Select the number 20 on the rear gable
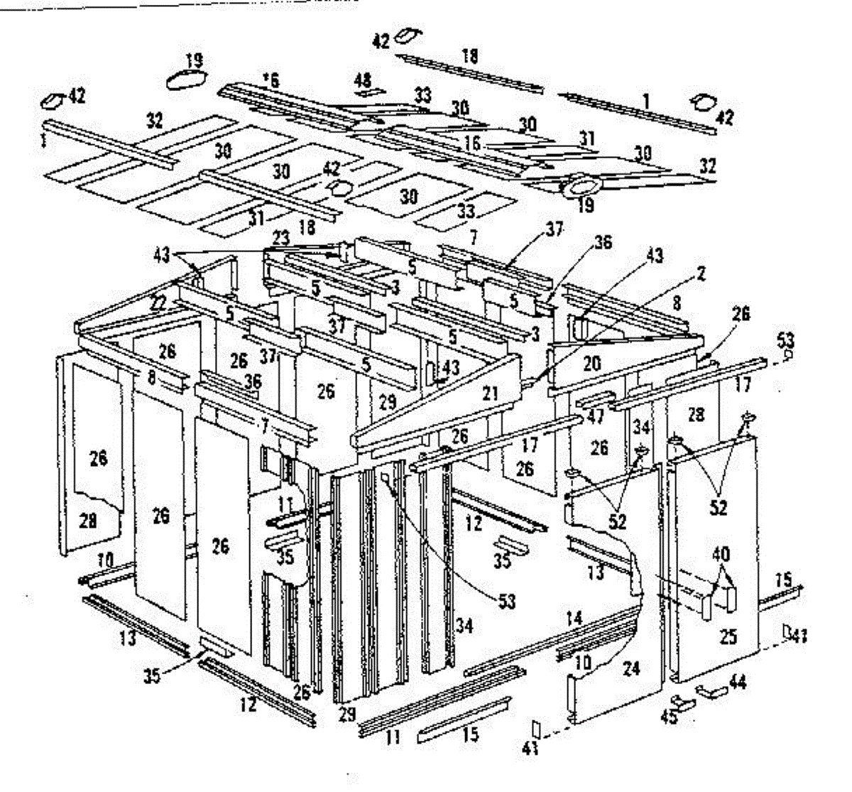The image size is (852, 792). [591, 364]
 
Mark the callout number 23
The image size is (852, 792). [281, 240]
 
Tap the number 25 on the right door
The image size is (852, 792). [728, 636]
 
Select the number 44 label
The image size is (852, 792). [738, 682]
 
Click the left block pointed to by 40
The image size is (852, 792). [707, 606]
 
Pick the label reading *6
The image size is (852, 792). [270, 80]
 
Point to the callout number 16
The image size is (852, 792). [473, 143]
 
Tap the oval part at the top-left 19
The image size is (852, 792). [187, 79]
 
